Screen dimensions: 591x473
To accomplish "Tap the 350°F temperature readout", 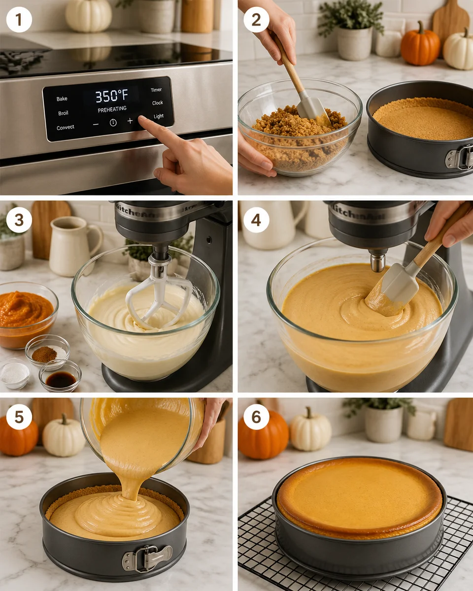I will tap(112, 96).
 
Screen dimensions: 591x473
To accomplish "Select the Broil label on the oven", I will tap(64, 113).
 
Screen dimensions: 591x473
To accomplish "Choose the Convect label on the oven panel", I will tap(66, 128).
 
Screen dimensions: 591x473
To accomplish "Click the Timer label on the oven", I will tap(156, 90).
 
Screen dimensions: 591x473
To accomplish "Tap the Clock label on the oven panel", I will tap(158, 103).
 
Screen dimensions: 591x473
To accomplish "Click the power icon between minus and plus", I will tap(113, 122).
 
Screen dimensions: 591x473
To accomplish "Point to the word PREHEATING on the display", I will tap(112, 109).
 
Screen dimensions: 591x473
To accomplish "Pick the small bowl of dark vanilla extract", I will tap(61, 378).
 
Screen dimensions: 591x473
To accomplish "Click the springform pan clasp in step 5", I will tap(147, 557).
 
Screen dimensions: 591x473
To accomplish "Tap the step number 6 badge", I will tap(256, 417).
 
